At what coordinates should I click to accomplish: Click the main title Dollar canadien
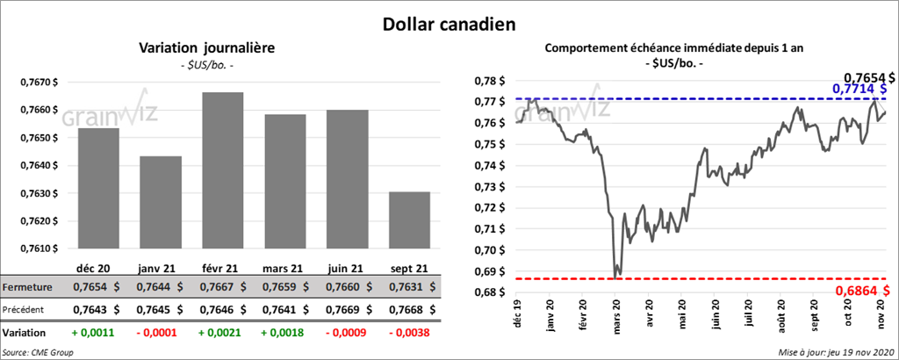click(449, 25)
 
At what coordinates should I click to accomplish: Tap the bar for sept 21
click(410, 220)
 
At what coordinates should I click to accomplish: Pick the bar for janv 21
click(161, 202)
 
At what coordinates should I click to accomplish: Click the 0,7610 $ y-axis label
click(40, 248)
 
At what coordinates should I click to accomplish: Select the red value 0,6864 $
click(863, 291)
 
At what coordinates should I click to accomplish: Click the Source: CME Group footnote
click(38, 352)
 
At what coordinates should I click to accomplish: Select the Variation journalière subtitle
click(208, 49)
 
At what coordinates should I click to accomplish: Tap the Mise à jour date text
click(834, 352)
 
